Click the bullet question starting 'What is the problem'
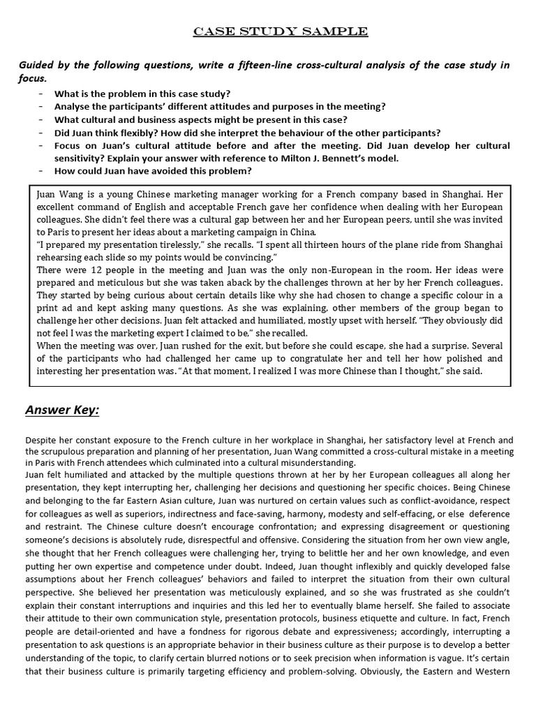click(142, 94)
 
